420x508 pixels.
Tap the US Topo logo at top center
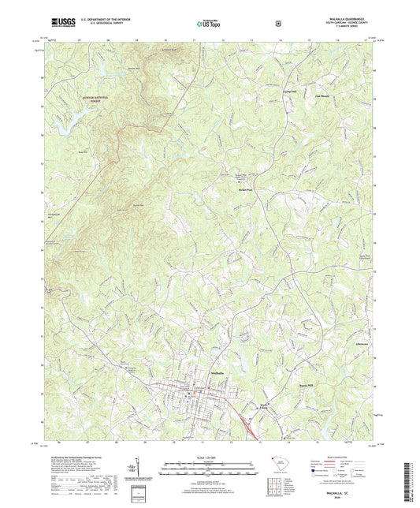point(208,24)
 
